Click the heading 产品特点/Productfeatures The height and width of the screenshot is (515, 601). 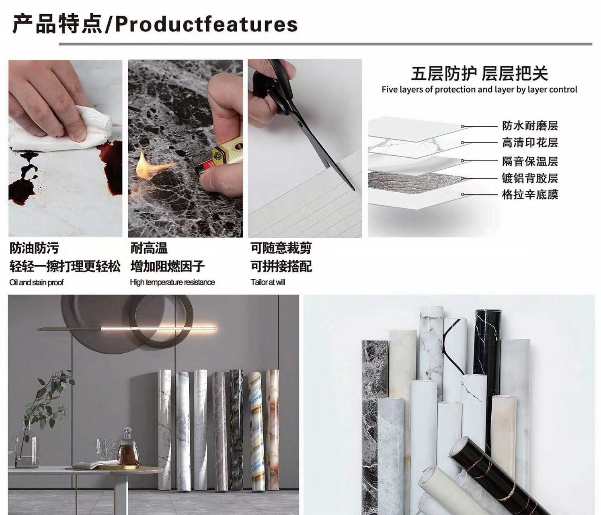click(155, 24)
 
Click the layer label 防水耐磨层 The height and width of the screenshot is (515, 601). click(530, 126)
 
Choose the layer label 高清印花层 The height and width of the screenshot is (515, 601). click(530, 142)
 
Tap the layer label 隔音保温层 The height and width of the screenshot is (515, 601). click(530, 161)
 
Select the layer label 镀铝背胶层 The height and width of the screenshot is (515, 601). click(530, 178)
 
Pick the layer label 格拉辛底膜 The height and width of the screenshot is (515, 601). click(530, 194)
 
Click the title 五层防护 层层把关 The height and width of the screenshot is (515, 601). click(479, 73)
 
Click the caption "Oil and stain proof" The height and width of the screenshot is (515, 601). click(36, 282)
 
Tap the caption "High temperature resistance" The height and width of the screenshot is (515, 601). click(172, 282)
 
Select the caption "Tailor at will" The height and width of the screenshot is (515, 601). click(268, 282)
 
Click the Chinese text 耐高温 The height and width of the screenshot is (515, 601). click(149, 248)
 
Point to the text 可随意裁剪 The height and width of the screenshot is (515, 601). click(281, 248)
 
